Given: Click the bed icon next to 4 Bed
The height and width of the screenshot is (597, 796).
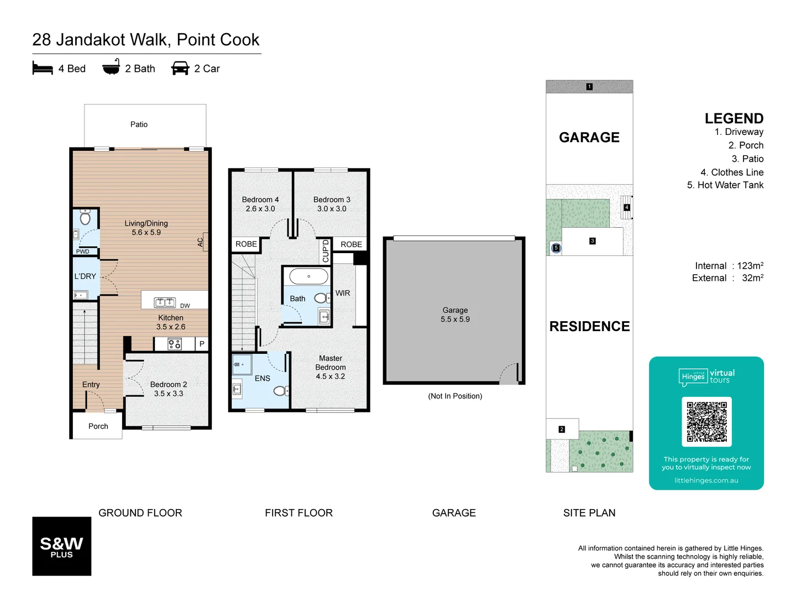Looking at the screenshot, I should point(43,68).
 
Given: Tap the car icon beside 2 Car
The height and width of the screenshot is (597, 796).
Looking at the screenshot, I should point(180,68).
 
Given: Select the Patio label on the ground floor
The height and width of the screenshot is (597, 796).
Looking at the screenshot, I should point(139,124).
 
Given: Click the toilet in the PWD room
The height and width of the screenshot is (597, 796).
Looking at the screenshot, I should point(85,217).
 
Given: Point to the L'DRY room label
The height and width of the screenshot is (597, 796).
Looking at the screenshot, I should point(85,276).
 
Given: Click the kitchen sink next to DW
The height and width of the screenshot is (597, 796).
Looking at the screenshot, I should point(165,302).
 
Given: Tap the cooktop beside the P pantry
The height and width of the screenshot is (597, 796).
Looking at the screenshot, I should point(175,344).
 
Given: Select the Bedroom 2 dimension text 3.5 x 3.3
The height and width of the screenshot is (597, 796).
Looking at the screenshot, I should point(169,394).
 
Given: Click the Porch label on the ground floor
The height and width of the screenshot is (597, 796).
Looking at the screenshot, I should point(98,426).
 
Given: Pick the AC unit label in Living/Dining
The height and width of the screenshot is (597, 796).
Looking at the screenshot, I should point(201,242).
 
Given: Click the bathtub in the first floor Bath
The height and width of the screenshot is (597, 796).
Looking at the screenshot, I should point(308,276).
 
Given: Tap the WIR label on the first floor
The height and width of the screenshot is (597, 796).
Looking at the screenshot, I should point(343,293).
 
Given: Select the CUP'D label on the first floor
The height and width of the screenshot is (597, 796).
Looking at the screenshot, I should point(326,251).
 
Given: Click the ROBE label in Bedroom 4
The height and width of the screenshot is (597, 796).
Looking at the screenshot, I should point(246,244).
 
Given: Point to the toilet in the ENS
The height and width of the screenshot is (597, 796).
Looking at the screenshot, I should point(280,391).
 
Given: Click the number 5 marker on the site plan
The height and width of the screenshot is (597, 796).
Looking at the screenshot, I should point(556,248).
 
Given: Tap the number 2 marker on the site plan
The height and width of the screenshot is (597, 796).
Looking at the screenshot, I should point(562,429).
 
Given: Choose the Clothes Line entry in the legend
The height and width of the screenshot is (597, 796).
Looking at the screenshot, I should point(731,172).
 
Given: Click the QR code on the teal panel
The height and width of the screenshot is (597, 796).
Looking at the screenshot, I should point(706,422).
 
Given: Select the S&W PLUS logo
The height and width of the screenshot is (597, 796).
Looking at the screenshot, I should point(62,546).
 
